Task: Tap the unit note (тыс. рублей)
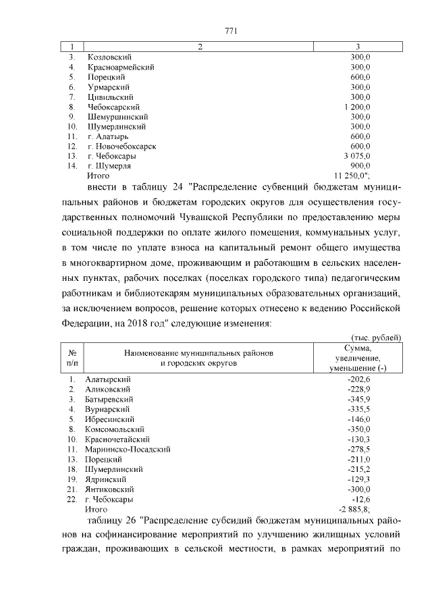tap(375, 336)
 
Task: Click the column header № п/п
tap(72, 357)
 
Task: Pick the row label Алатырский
tap(108, 379)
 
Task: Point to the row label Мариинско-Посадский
tap(127, 448)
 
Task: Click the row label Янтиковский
tap(109, 488)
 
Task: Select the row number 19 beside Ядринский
tap(72, 478)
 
